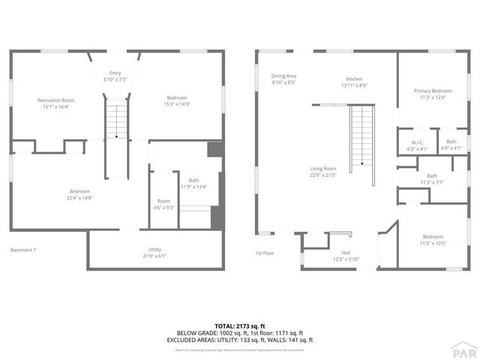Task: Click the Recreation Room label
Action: (56, 100)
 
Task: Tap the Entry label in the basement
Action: (115, 73)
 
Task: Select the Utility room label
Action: (154, 250)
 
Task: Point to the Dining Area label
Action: (283, 76)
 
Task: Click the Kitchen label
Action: (354, 79)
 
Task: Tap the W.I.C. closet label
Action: (418, 142)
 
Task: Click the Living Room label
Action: (323, 169)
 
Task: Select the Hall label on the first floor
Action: (346, 253)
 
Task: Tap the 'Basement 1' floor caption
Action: (23, 250)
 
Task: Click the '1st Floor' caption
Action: (264, 253)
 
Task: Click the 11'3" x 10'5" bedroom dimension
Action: (432, 243)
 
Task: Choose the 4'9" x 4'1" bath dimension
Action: (451, 148)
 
